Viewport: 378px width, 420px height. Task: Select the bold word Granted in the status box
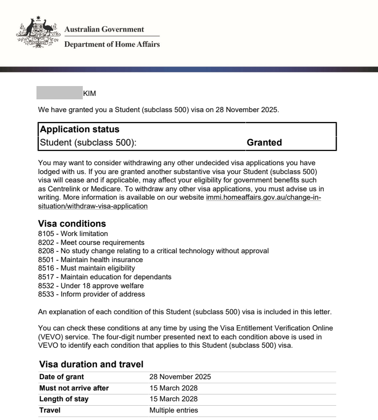[264, 143]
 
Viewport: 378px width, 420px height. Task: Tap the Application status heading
[79, 129]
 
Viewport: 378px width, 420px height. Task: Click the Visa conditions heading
[72, 224]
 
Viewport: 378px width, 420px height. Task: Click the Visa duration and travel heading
[91, 364]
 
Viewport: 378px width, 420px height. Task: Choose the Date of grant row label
[61, 377]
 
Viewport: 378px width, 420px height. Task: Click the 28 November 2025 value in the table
[180, 377]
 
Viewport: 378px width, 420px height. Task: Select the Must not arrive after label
[74, 388]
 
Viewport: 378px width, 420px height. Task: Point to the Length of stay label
[64, 399]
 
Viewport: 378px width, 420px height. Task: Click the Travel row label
[50, 410]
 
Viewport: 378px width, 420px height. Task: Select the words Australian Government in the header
[104, 30]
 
